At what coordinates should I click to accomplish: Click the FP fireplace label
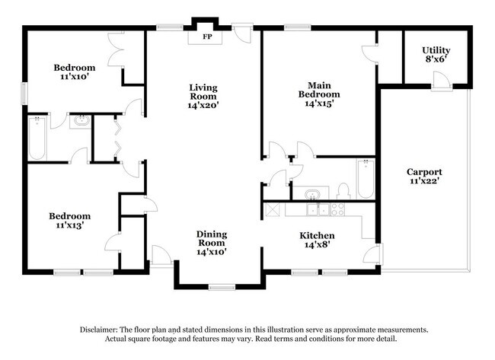point(206,37)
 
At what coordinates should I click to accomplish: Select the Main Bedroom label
point(318,94)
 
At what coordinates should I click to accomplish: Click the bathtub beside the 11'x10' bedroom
point(37,139)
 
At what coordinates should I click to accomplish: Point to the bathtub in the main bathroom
point(366,179)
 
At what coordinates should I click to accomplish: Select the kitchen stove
point(337,210)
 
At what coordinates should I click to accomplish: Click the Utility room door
point(440,80)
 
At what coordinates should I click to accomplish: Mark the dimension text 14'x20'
point(204,106)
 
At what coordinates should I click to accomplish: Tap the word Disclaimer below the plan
point(104,330)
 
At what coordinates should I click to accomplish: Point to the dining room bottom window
point(222,287)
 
